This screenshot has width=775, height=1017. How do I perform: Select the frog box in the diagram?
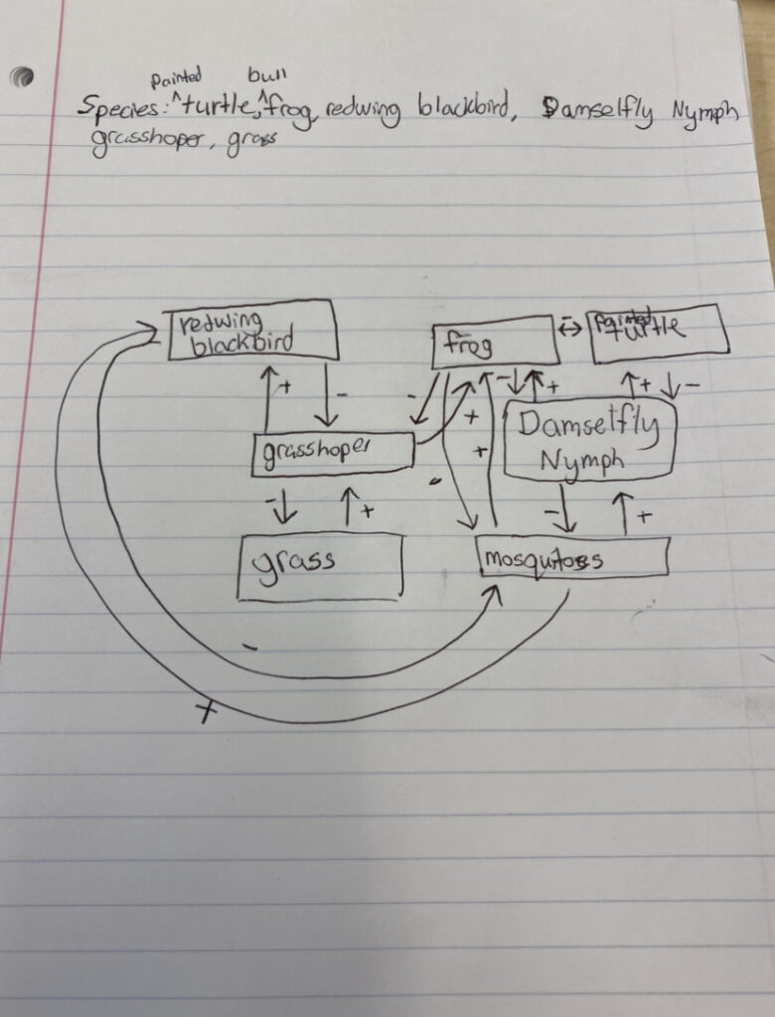[x=494, y=344]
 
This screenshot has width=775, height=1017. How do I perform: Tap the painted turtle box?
[x=658, y=334]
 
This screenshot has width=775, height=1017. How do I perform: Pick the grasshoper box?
[x=332, y=453]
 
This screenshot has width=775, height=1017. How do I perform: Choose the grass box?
[x=319, y=565]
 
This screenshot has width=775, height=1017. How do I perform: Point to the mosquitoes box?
[x=572, y=557]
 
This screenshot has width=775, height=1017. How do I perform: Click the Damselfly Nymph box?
[x=589, y=440]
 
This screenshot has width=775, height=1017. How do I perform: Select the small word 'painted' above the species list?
[x=176, y=76]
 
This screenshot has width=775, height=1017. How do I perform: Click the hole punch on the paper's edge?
[x=22, y=77]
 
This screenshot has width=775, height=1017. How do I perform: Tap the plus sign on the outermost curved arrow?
[x=206, y=710]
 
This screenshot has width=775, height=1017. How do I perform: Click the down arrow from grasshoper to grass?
[x=286, y=505]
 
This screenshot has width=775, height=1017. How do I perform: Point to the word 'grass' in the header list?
[x=248, y=142]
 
